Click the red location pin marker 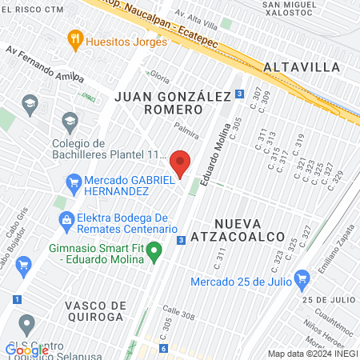[x=181, y=162]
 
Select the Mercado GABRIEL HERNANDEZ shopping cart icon [x=74, y=181]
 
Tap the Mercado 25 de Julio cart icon [x=302, y=279]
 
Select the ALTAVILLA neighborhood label [x=301, y=66]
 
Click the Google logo [x=26, y=350]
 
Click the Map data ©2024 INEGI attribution [x=312, y=353]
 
